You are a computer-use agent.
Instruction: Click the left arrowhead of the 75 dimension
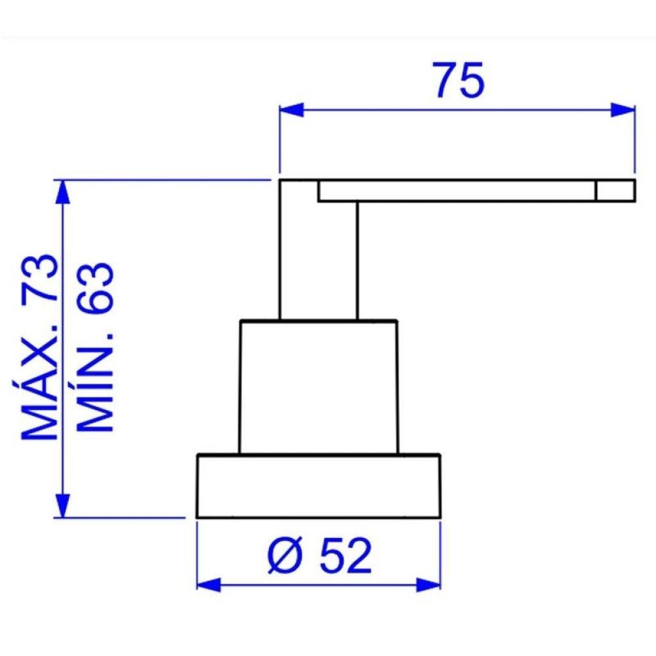pyautogui.click(x=292, y=110)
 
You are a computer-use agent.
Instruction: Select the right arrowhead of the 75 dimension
pyautogui.click(x=623, y=110)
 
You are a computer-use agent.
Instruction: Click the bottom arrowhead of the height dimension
pyautogui.click(x=64, y=505)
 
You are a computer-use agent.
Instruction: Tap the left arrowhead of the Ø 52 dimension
pyautogui.click(x=209, y=583)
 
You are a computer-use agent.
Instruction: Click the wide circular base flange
pyautogui.click(x=318, y=485)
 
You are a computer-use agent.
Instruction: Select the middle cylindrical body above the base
pyautogui.click(x=318, y=387)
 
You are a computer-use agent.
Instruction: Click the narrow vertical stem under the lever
pyautogui.click(x=319, y=262)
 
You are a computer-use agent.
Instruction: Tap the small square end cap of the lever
pyautogui.click(x=615, y=190)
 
